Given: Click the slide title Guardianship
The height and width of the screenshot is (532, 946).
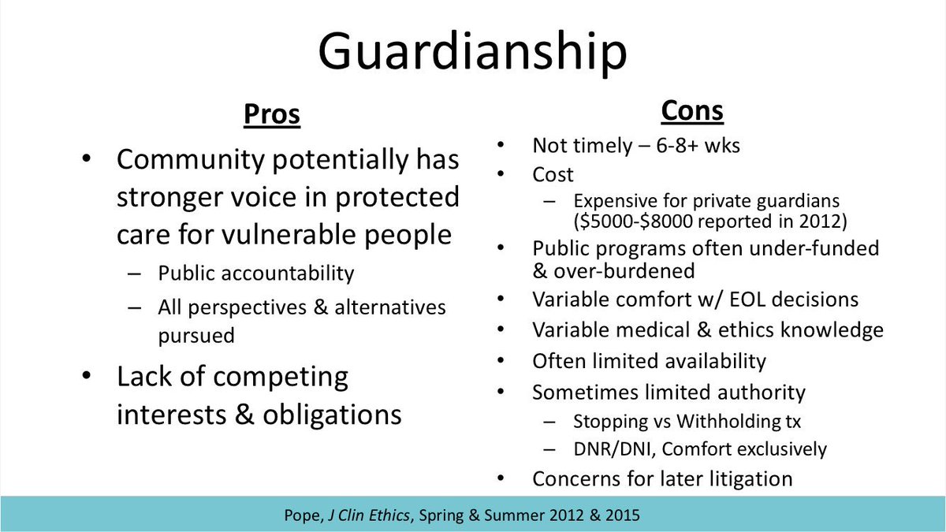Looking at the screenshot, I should click(472, 52).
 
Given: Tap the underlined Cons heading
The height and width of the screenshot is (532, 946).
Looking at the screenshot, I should click(691, 111).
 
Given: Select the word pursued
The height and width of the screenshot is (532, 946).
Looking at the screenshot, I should click(196, 335).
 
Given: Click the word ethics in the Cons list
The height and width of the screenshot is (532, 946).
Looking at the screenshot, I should click(754, 329).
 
